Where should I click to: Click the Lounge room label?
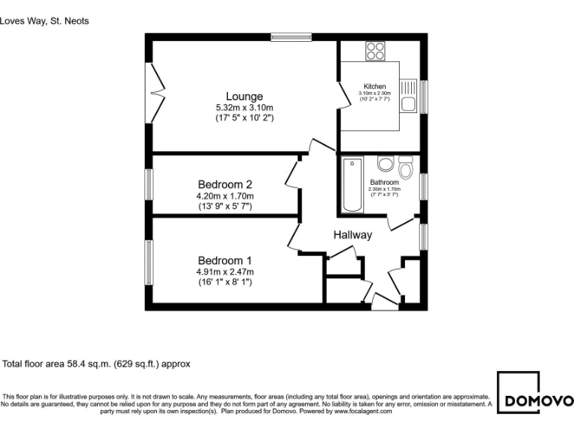click(244, 97)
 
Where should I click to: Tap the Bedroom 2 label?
click(224, 185)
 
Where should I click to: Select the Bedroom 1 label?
click(224, 260)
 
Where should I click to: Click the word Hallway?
click(352, 235)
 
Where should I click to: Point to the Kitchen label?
click(374, 87)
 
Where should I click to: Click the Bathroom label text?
click(384, 182)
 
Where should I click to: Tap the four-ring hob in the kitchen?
click(375, 51)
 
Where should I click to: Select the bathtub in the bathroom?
click(351, 185)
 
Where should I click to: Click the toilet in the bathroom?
click(406, 165)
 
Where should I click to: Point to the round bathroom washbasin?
click(386, 164)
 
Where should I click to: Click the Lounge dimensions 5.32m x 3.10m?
click(244, 108)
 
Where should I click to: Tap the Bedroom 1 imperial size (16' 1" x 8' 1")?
click(224, 282)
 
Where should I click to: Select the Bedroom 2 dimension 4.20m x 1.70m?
click(224, 196)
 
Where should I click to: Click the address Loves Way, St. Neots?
click(45, 21)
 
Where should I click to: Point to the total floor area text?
click(96, 364)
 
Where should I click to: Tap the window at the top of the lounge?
click(291, 36)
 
